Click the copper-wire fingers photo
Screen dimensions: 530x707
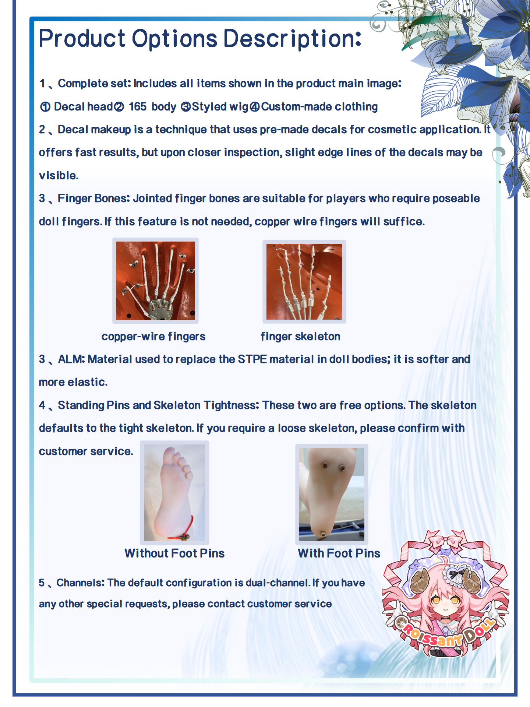[x=155, y=281]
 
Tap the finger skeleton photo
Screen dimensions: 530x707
[x=304, y=282]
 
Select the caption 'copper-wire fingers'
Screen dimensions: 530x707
[x=153, y=337]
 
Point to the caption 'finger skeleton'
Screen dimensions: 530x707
[x=300, y=337]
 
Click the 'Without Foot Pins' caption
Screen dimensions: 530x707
[x=174, y=553]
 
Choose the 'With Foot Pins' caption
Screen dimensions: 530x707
[x=339, y=553]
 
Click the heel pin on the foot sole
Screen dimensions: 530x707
[x=322, y=534]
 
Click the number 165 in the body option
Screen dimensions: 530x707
[x=138, y=106]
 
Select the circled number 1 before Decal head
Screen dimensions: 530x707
[x=45, y=107]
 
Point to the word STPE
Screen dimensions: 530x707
[x=252, y=359]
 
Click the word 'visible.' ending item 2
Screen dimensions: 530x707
[x=59, y=175]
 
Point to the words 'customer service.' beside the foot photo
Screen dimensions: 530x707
[x=86, y=451]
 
